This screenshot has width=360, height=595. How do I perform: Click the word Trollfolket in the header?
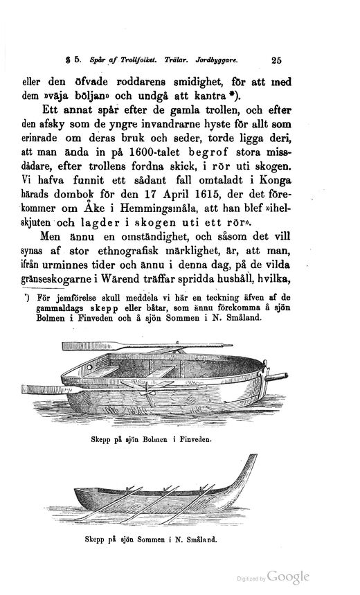coord(149,60)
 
